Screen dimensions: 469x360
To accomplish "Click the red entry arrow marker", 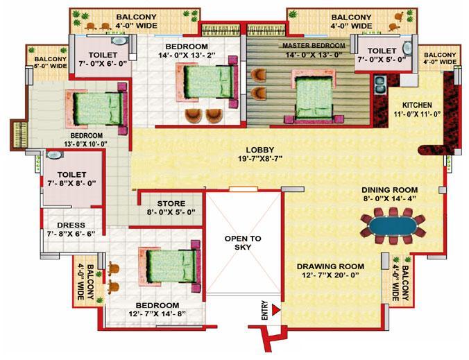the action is click(275, 310).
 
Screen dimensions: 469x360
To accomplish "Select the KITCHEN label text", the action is click(417, 105).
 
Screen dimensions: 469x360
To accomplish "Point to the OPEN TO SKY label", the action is click(243, 243).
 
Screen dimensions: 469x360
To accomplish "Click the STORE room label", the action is click(171, 204).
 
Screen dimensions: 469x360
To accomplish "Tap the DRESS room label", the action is click(71, 225).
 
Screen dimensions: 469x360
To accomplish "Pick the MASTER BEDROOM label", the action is click(314, 46).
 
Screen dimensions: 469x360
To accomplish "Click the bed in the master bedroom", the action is click(314, 96).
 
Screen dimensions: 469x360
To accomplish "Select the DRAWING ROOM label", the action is click(330, 266).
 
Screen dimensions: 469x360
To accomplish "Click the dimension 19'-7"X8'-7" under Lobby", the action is click(260, 158).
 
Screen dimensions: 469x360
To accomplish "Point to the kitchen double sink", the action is click(380, 84).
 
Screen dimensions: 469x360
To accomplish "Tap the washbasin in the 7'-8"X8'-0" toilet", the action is click(54, 155).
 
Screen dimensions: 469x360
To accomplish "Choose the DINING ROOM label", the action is click(390, 190).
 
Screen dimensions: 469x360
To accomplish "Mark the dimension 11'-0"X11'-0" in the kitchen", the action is click(417, 114).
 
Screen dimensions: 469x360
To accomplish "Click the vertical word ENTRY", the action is click(265, 310).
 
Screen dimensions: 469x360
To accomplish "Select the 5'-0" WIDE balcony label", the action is click(51, 66).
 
